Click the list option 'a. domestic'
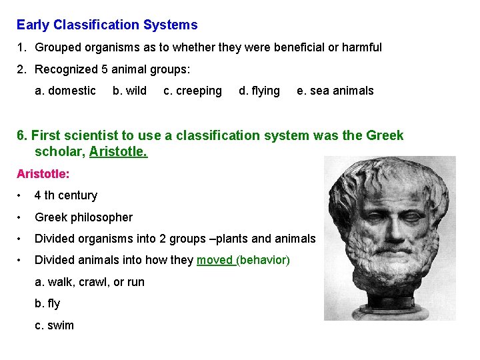coord(65,91)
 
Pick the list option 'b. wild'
coord(129,91)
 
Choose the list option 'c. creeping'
coord(193,91)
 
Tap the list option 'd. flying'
coord(259,91)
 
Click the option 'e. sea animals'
coord(335,91)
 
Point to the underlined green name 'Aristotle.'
coord(118,152)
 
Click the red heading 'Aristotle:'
coord(43,173)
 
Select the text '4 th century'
coord(66,195)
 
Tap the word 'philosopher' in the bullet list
coord(103,217)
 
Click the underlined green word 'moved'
coord(215,260)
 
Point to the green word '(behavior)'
coord(263,260)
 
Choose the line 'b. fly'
coord(47,303)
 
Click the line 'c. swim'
coord(54,325)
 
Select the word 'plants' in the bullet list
coord(240,239)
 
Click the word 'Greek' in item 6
coord(385,135)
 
